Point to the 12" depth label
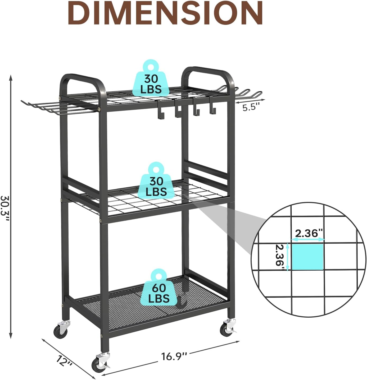click(x=64, y=361)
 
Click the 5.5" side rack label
click(x=251, y=107)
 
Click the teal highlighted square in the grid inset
click(x=307, y=257)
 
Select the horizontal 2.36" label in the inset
click(x=309, y=233)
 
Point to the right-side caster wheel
click(x=226, y=329)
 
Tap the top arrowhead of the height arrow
click(x=11, y=78)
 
